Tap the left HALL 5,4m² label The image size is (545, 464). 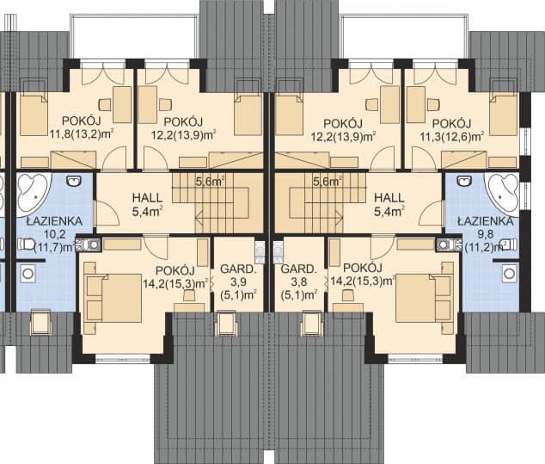point(147,205)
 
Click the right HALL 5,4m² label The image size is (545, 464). point(389,205)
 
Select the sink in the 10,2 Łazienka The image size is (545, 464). point(74,180)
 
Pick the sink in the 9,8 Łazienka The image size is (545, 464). point(464,180)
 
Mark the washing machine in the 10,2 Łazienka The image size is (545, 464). point(28,273)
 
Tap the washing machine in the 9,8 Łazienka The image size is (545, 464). point(509,273)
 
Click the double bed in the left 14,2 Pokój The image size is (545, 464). point(113,298)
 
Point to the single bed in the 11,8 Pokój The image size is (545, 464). point(34,114)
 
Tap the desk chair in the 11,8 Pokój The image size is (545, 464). point(105,104)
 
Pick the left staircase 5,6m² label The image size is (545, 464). point(210,182)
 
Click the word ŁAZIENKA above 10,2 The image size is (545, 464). point(54,221)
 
